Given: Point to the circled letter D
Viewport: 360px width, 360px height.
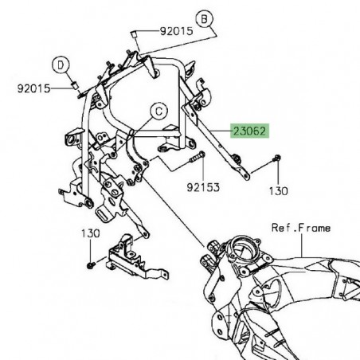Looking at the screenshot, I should point(61,63).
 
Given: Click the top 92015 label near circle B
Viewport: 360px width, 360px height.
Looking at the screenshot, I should point(175,32).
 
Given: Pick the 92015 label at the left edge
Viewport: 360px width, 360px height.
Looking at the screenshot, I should point(33,88).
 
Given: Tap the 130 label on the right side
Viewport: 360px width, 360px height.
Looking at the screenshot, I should point(276,191).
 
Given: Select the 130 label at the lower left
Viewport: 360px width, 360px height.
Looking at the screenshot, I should point(90,233).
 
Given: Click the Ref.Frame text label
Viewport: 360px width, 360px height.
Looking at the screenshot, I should point(300,228).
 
